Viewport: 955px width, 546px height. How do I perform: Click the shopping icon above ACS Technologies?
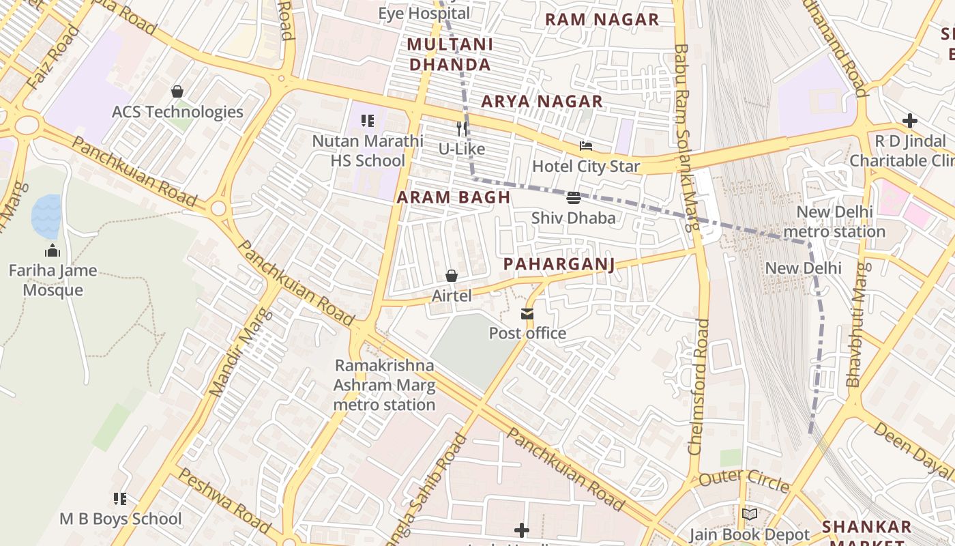(177, 91)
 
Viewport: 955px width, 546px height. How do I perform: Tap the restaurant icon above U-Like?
(462, 128)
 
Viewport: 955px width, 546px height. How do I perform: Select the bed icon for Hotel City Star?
(586, 146)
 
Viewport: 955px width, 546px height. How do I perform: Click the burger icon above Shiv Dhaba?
(573, 198)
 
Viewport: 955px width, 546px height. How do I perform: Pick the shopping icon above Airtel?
(451, 276)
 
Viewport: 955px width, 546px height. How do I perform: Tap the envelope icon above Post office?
(527, 314)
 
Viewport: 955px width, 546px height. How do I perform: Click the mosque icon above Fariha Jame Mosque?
(53, 251)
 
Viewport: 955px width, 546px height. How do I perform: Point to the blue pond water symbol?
(46, 216)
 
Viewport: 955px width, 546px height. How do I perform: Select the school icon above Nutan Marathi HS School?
(368, 121)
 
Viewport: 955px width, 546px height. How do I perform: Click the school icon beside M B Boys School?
(120, 499)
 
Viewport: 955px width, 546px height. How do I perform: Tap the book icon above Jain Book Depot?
(750, 515)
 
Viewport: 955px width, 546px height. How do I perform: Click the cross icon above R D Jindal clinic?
(909, 121)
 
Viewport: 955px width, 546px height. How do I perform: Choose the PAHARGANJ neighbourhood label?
(559, 264)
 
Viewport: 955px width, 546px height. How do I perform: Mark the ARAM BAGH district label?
(454, 197)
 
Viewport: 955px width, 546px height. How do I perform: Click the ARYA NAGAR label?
(542, 102)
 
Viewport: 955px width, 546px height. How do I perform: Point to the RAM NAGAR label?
(602, 20)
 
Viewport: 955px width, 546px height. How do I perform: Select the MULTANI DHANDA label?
(450, 55)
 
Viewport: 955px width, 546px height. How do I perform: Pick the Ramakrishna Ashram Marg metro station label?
(384, 385)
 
